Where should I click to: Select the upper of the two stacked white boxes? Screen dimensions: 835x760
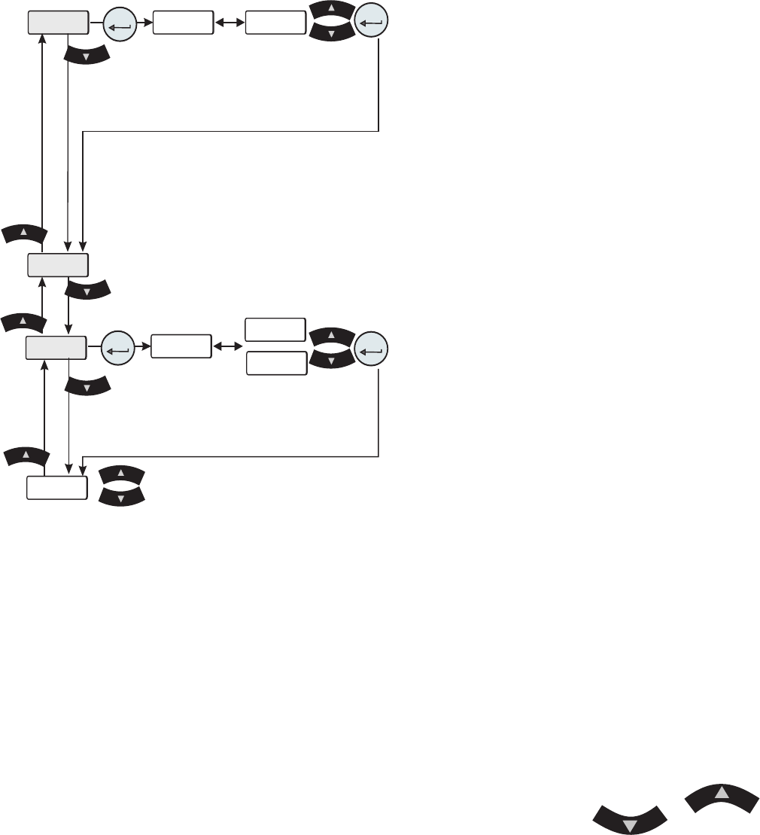276,330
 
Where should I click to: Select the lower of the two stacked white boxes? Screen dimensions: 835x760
277,363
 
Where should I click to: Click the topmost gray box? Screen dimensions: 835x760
58,23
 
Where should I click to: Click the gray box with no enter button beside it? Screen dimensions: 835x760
58,265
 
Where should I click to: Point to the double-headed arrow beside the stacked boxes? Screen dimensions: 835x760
228,346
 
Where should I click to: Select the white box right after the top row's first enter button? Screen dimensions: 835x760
182,23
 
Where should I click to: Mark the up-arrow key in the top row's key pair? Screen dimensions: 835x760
331,11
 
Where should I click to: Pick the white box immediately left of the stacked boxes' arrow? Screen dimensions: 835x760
181,346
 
